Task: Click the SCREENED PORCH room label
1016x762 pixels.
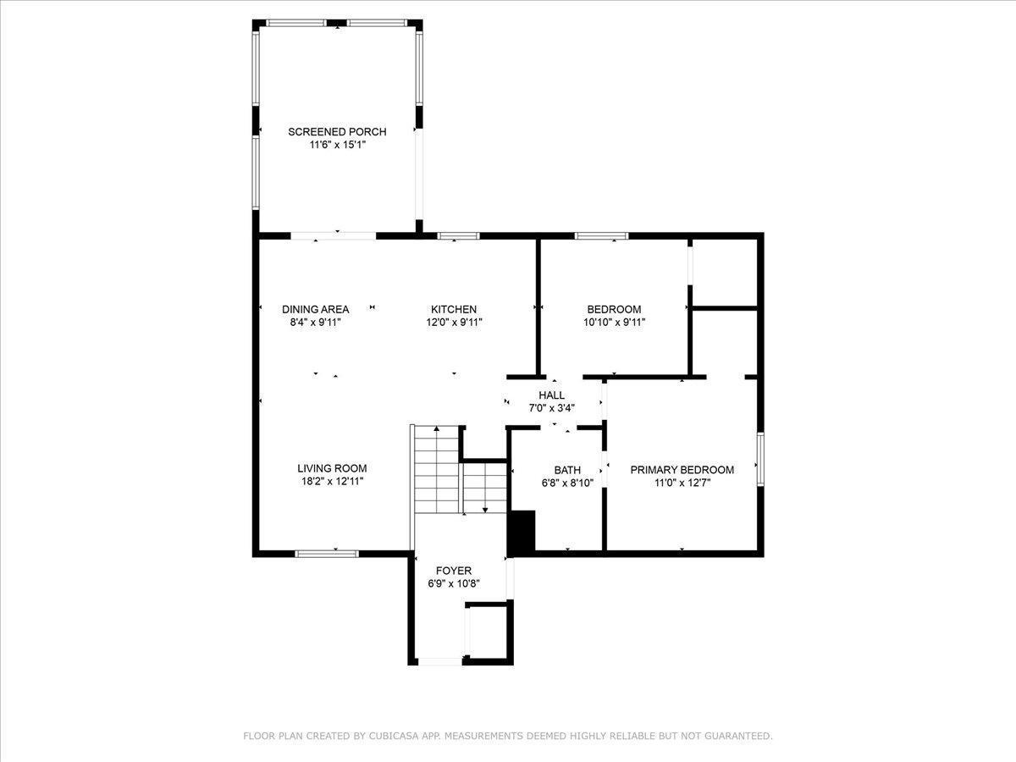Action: coord(337,132)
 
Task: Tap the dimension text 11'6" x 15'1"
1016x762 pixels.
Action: coord(338,145)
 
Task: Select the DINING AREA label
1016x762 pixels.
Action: coord(315,310)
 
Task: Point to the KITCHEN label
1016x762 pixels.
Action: coord(454,310)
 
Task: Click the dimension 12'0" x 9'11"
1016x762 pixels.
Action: coord(454,323)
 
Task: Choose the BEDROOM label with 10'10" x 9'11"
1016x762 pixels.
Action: coord(614,310)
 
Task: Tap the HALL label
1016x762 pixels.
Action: coord(551,395)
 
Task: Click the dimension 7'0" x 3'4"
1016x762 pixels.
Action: coord(552,408)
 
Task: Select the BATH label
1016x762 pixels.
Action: coord(567,471)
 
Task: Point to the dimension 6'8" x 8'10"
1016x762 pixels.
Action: coord(567,483)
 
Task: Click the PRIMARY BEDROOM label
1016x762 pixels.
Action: coord(682,470)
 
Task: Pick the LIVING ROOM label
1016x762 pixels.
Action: coord(332,469)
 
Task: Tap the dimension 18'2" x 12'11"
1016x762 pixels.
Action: coord(333,482)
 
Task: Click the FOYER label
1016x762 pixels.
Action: coord(454,571)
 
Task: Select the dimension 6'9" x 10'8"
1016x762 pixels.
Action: coord(454,584)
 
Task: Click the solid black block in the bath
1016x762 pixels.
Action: coord(522,531)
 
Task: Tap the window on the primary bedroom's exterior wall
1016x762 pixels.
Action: coord(760,459)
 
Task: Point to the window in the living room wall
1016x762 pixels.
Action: coord(327,554)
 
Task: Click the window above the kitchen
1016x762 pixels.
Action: coord(458,236)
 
